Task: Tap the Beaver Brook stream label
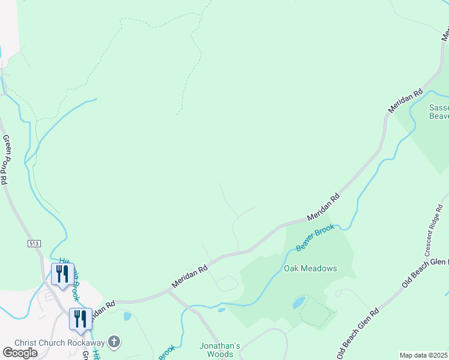tap(315, 239)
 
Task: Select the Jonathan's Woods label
tap(220, 350)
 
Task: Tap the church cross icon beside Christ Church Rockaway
tap(114, 342)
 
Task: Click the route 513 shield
tap(34, 243)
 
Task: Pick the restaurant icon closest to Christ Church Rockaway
tap(80, 318)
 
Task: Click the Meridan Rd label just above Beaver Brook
tap(323, 206)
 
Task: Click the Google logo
tap(20, 353)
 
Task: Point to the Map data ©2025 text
tap(424, 355)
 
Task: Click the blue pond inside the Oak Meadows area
tap(298, 303)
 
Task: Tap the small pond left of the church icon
tap(127, 316)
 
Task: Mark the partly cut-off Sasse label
tap(438, 112)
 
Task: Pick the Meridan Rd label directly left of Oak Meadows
tap(189, 274)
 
